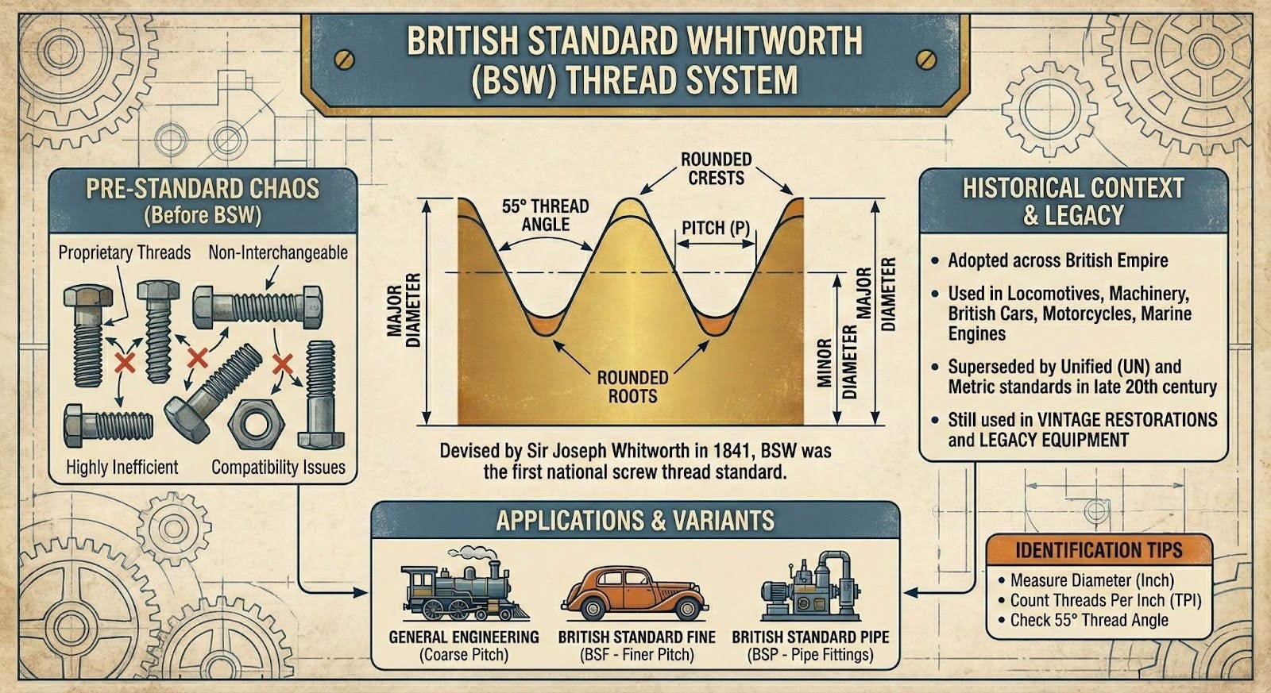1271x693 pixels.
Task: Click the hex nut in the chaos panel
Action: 256,422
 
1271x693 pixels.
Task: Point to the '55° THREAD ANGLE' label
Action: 545,215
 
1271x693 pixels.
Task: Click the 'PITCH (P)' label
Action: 715,229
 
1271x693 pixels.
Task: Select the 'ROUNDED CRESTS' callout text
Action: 716,168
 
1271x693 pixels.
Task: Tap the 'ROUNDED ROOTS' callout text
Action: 632,386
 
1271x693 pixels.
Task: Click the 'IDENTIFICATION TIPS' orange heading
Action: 1099,550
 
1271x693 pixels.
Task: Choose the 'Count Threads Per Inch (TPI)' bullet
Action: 1105,600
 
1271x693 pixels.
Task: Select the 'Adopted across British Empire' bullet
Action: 1057,260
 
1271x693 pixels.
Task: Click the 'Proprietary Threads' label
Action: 125,252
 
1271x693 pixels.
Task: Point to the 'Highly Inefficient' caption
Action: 122,468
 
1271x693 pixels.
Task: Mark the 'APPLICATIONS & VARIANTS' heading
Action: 635,521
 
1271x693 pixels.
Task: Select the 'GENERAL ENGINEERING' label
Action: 464,637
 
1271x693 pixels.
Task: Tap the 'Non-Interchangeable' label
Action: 278,252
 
